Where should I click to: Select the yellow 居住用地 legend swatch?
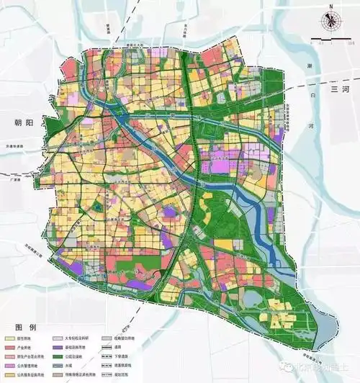point(10,338)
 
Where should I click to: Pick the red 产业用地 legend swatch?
point(10,347)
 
